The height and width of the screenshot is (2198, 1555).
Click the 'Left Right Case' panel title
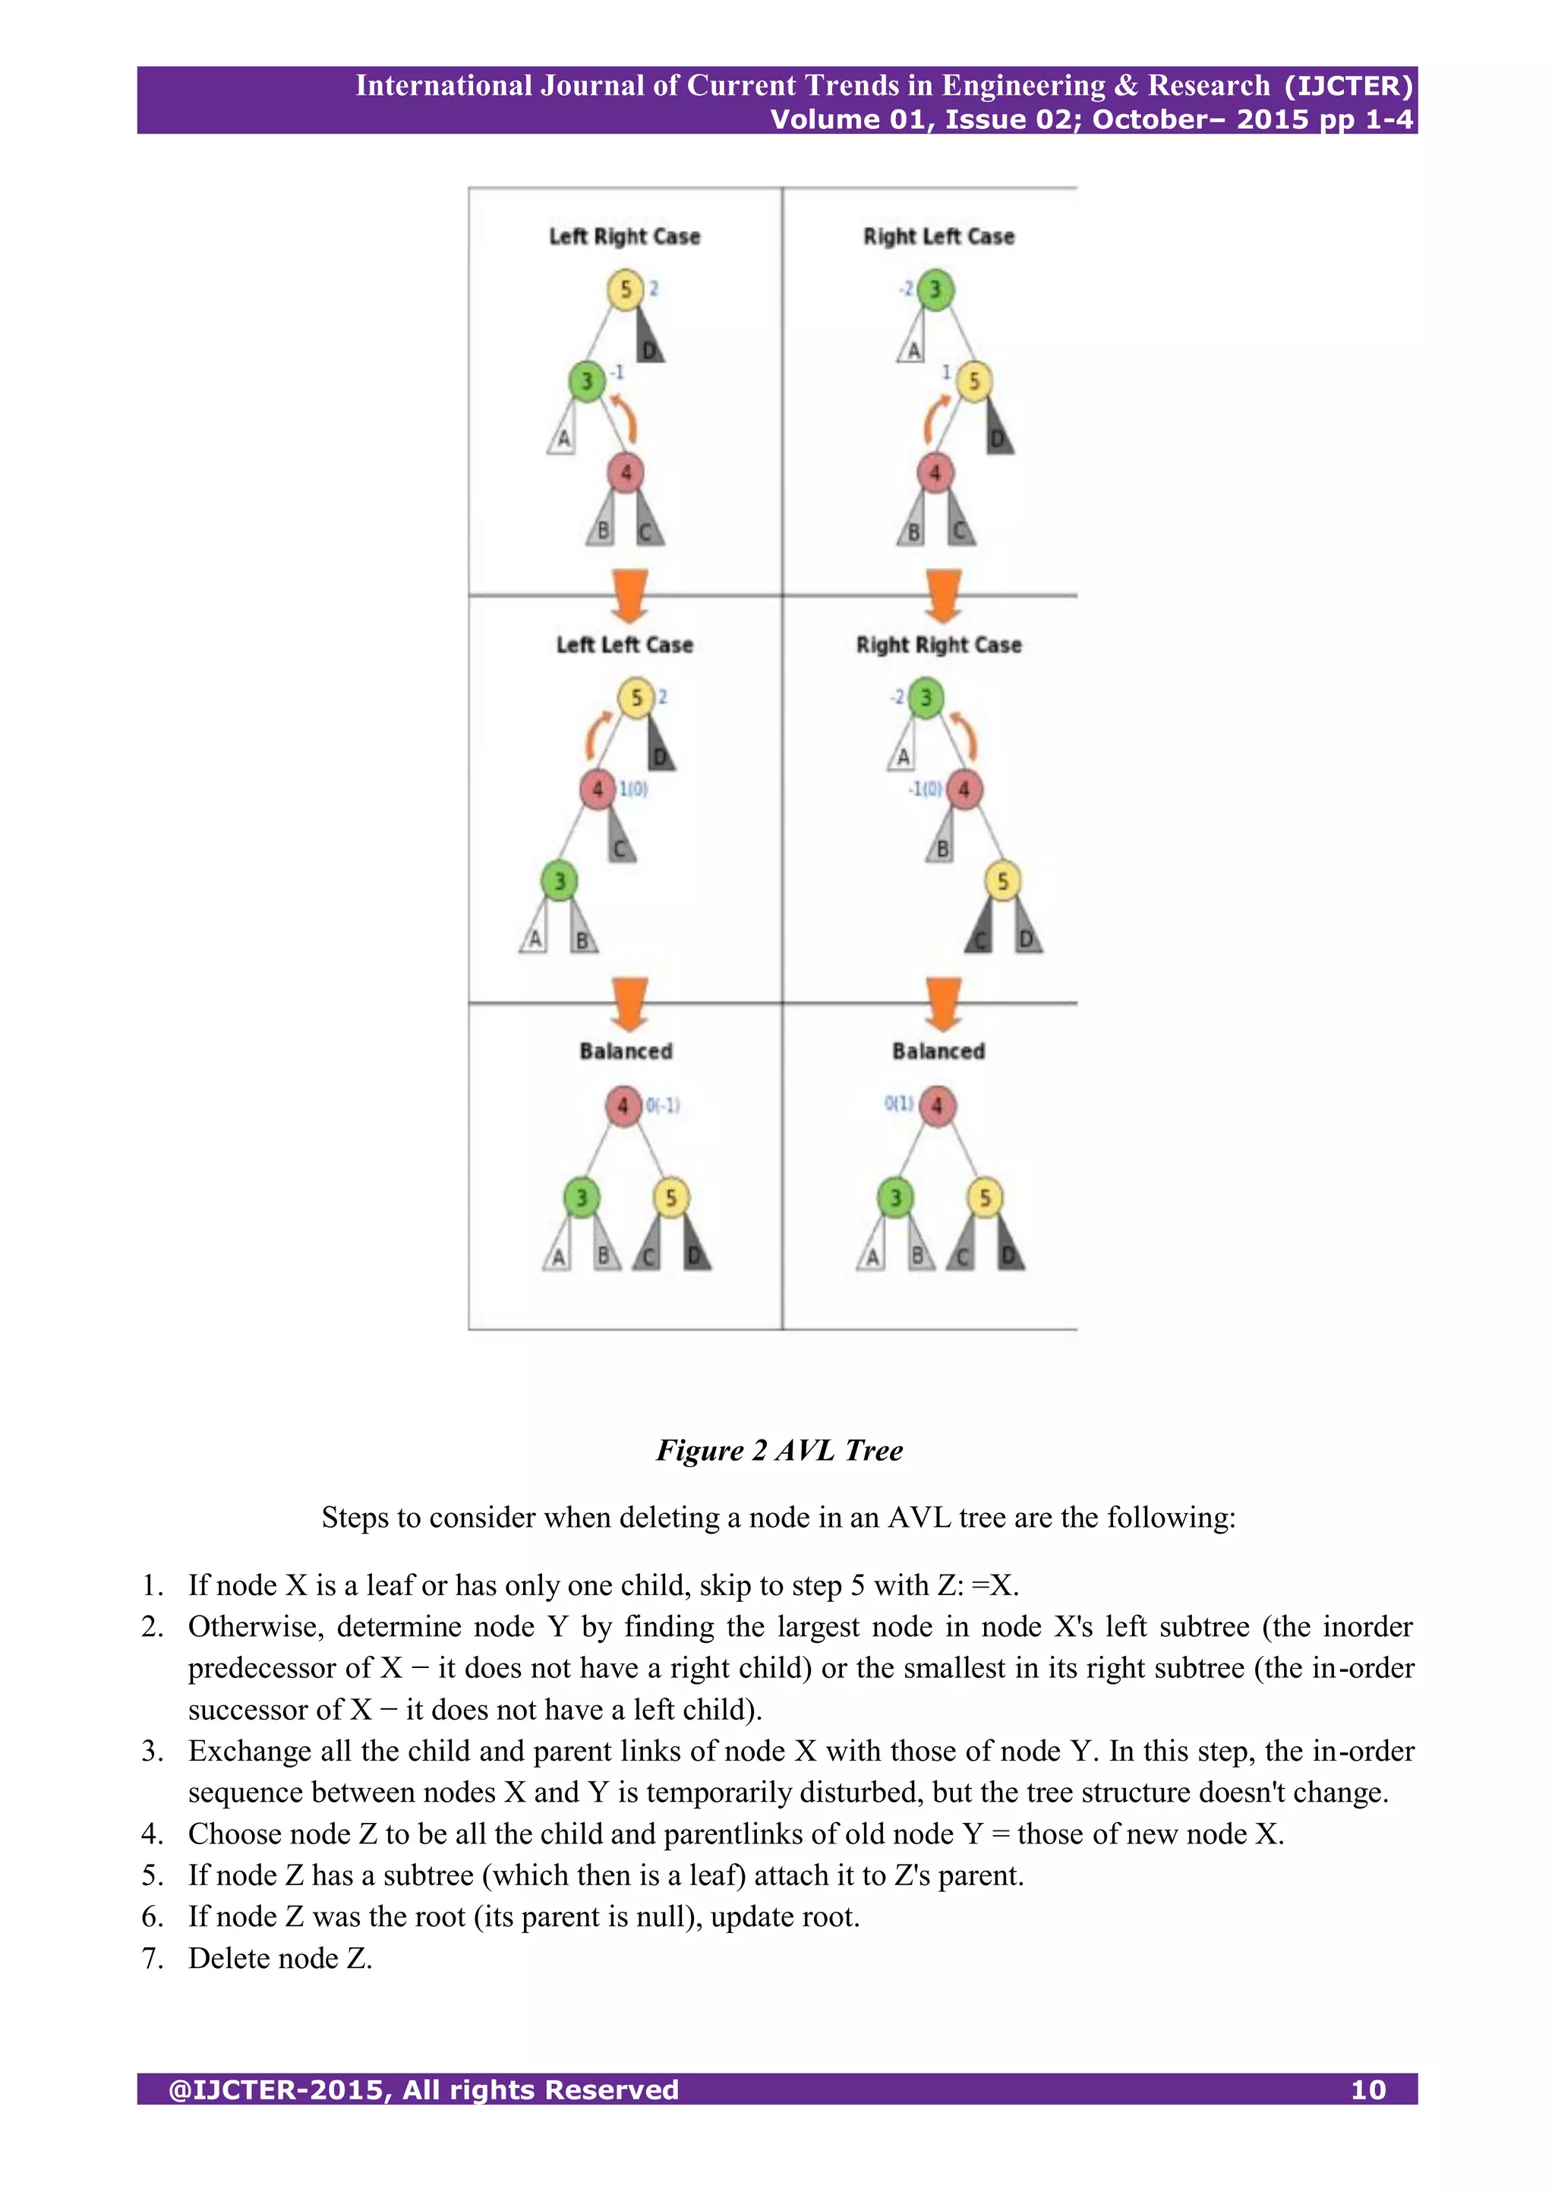click(624, 236)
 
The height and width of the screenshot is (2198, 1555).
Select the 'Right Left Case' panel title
click(938, 236)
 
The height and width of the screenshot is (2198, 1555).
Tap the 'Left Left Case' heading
click(624, 645)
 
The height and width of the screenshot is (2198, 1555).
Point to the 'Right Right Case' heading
click(938, 645)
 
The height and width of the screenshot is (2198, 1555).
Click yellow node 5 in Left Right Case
click(624, 289)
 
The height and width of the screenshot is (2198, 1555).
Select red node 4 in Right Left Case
click(935, 472)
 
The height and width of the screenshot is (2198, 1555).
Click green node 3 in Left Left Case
click(559, 881)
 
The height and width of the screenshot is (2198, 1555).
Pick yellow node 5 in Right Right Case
click(1001, 881)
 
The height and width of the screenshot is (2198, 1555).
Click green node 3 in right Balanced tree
click(895, 1197)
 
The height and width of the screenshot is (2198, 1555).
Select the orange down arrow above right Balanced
click(943, 1003)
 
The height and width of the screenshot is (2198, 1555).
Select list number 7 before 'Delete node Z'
click(153, 1959)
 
